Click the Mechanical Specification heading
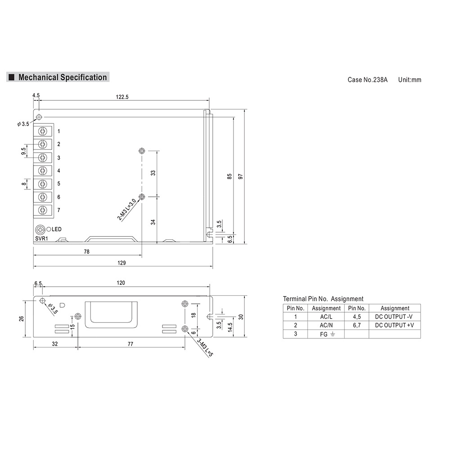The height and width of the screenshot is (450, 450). [x=62, y=77]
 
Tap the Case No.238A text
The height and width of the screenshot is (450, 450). [x=367, y=80]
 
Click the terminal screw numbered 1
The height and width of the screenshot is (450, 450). [x=43, y=131]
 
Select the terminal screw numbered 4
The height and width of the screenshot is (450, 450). [x=43, y=170]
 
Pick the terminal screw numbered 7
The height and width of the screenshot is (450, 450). [x=43, y=210]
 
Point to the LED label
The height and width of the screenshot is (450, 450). [x=56, y=229]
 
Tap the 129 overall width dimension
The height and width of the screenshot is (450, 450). [x=121, y=263]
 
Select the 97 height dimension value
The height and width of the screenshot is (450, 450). [x=241, y=177]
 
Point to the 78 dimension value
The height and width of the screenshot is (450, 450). [x=86, y=252]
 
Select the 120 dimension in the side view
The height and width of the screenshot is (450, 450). [x=121, y=283]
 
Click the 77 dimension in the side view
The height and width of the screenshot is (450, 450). [x=130, y=344]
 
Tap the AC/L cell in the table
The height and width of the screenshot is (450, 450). [x=326, y=317]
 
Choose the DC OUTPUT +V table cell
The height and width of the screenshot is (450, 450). [x=395, y=325]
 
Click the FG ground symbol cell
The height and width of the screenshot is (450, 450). [x=326, y=334]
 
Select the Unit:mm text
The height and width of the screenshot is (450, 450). [x=410, y=80]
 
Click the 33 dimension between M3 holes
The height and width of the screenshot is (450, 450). [x=153, y=173]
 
